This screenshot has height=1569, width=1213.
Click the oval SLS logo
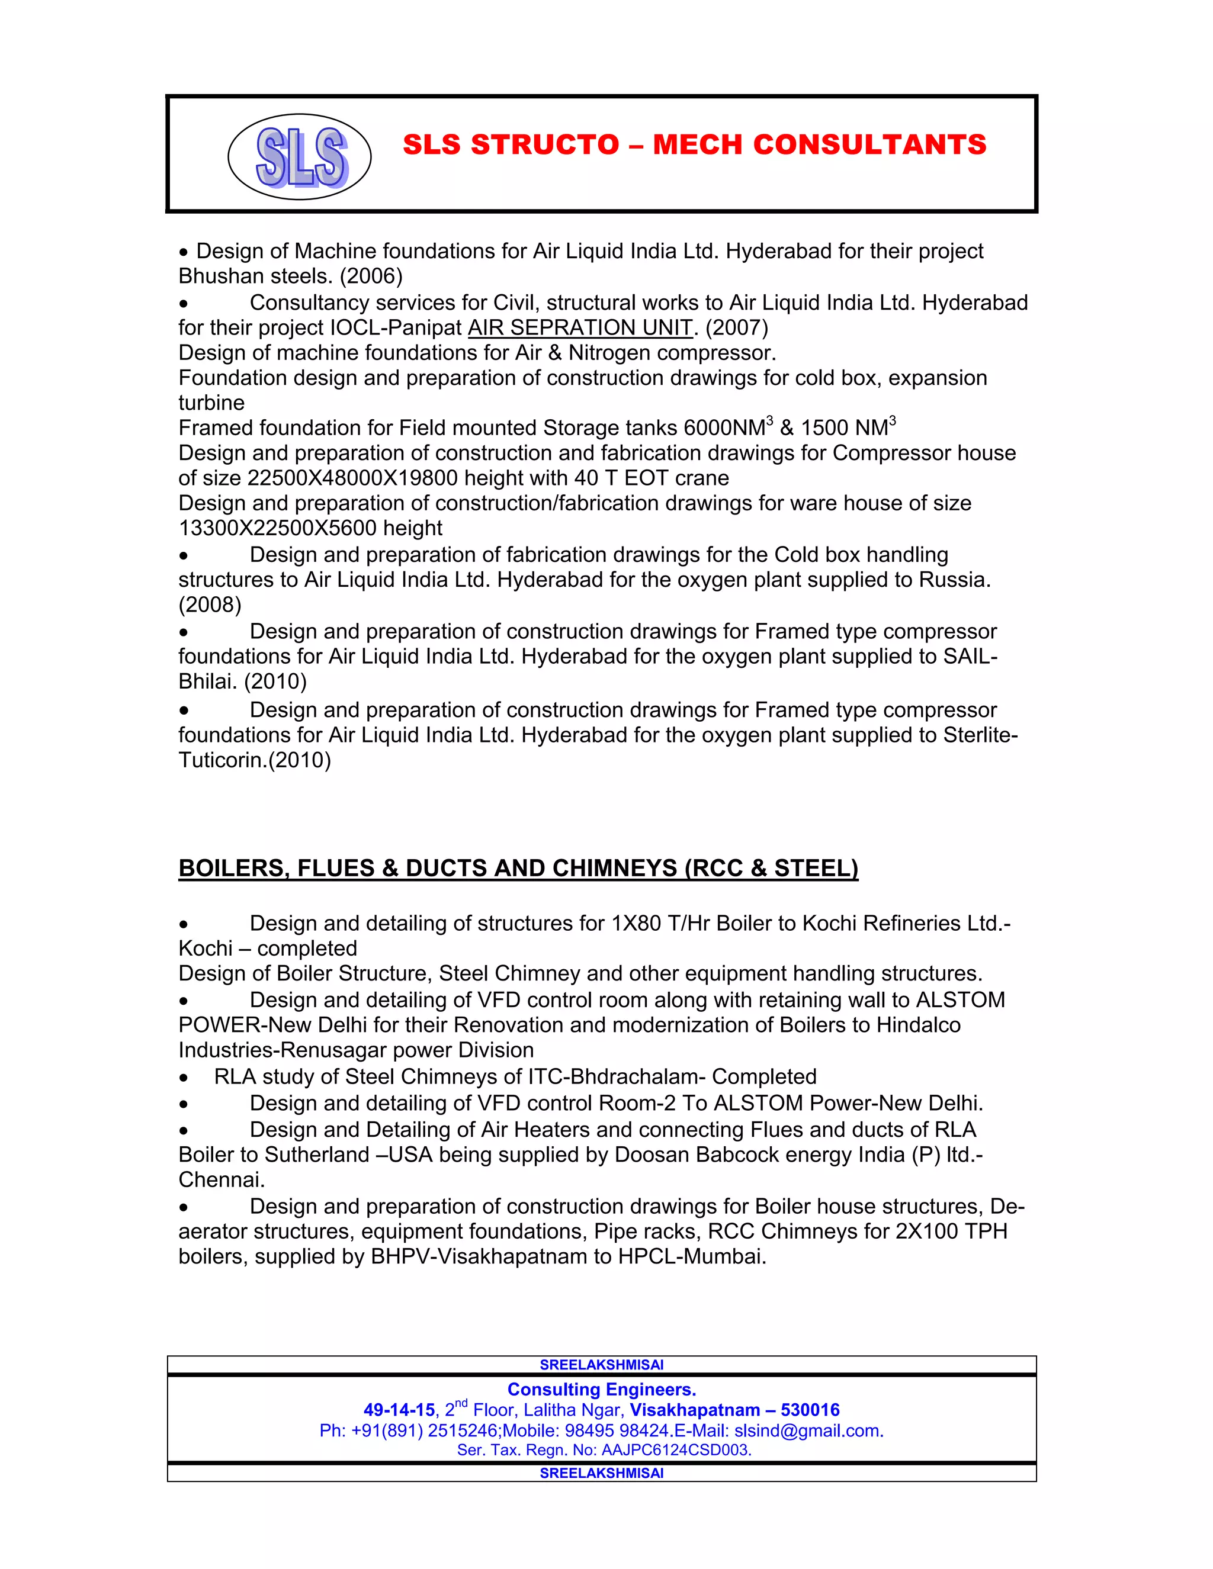299,157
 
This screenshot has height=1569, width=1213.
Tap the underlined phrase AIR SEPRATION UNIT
580,327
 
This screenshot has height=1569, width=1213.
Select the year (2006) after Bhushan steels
371,276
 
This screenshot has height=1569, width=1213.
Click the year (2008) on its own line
210,605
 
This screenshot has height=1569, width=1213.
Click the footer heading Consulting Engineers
602,1390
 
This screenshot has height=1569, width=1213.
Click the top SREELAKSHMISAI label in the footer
602,1364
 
